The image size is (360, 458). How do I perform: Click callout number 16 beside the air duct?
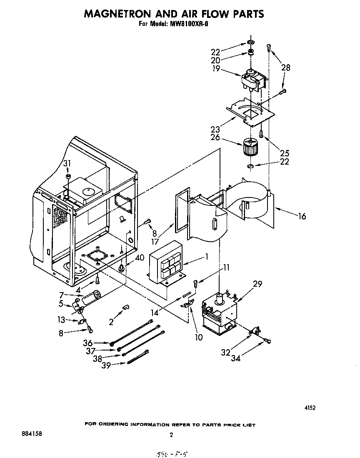click(x=302, y=216)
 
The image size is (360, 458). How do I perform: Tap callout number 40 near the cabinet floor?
click(x=140, y=258)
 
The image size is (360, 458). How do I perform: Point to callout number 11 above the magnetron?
click(x=226, y=268)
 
